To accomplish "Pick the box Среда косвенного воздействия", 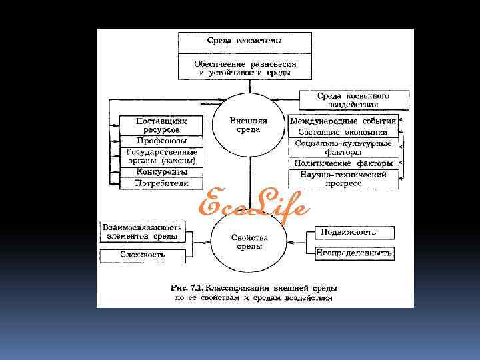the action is pyautogui.click(x=353, y=100).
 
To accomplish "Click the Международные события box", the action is pyautogui.click(x=343, y=121).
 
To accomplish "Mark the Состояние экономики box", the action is pyautogui.click(x=343, y=133).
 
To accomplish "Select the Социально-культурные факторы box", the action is pyautogui.click(x=343, y=147).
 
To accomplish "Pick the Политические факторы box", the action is pyautogui.click(x=343, y=163).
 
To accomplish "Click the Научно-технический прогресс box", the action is pyautogui.click(x=343, y=178).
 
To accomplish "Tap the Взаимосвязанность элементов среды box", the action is pyautogui.click(x=141, y=232).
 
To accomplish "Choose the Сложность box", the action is pyautogui.click(x=141, y=255).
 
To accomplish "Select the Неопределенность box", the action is pyautogui.click(x=353, y=253).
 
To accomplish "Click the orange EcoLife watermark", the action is pyautogui.click(x=254, y=203).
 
